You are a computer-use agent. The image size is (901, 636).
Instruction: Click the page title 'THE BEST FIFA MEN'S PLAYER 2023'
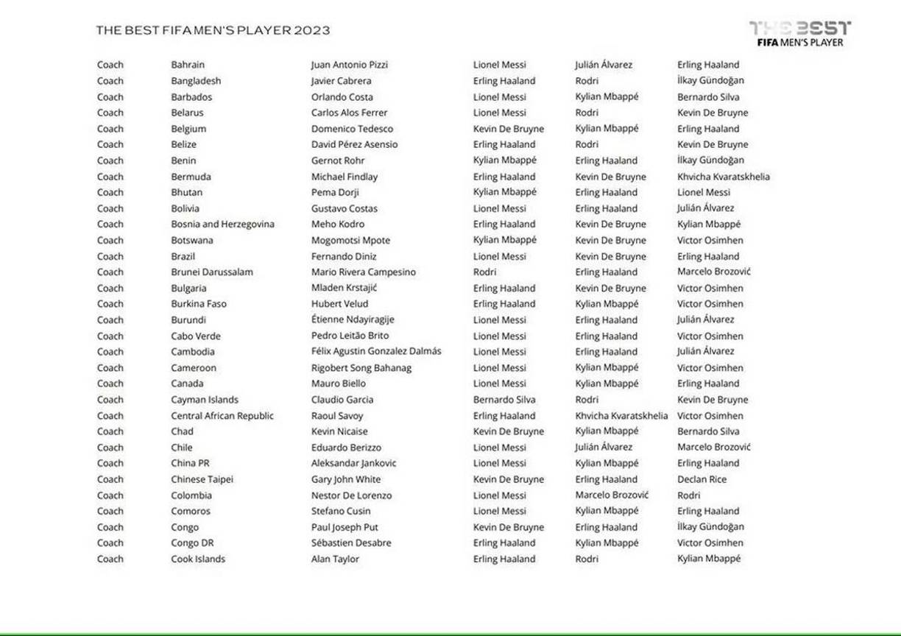[x=213, y=30]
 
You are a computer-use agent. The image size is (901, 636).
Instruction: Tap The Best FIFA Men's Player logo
[x=799, y=34]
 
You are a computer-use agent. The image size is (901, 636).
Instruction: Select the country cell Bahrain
[x=188, y=65]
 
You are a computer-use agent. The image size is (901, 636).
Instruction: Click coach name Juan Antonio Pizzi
[x=349, y=65]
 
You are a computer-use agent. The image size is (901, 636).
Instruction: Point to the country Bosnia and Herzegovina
[x=222, y=224]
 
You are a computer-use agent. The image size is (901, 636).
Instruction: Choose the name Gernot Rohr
[x=338, y=160]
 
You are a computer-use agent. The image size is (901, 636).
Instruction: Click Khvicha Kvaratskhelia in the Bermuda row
[x=723, y=177]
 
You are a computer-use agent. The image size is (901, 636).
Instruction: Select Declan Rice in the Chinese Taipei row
[x=702, y=479]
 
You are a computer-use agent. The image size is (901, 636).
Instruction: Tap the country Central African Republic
[x=222, y=416]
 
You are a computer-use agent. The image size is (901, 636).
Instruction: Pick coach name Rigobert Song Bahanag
[x=361, y=368]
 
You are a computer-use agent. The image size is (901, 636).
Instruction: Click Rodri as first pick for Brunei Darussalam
[x=484, y=272]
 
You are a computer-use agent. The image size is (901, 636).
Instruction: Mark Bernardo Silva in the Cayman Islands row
[x=504, y=400]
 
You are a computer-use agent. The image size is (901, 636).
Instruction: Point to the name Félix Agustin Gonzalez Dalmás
[x=376, y=351]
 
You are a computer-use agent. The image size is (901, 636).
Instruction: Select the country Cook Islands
[x=198, y=559]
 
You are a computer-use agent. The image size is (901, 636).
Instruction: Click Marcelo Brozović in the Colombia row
[x=612, y=495]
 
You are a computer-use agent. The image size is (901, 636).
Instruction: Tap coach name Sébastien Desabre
[x=351, y=543]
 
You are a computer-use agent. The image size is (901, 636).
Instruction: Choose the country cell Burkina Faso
[x=199, y=303]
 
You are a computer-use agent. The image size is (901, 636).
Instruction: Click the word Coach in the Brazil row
[x=110, y=256]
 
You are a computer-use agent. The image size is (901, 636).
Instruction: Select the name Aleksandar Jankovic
[x=353, y=463]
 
